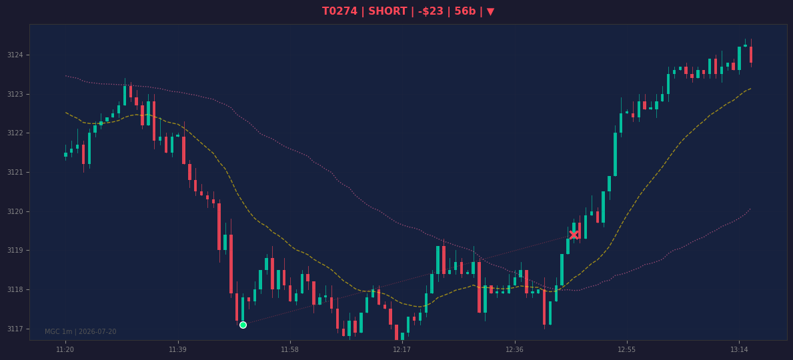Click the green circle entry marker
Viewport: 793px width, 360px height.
click(x=243, y=325)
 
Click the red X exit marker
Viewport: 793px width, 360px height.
click(x=574, y=235)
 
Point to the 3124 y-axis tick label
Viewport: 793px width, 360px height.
click(x=15, y=55)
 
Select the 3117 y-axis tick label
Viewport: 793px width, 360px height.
click(x=15, y=329)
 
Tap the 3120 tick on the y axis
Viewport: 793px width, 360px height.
click(x=15, y=212)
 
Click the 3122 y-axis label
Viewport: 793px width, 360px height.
click(x=15, y=133)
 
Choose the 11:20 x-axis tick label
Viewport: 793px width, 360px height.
click(x=65, y=350)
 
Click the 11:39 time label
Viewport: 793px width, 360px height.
click(x=177, y=350)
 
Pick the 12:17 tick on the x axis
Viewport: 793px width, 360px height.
click(x=402, y=350)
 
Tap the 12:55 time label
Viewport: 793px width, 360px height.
click(x=627, y=350)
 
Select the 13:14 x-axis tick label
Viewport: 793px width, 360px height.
click(x=739, y=350)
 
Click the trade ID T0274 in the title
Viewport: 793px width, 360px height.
click(x=339, y=11)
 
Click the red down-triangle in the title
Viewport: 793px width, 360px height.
click(x=490, y=11)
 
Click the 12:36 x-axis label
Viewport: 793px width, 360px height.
click(x=514, y=350)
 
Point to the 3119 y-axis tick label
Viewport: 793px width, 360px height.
click(x=15, y=251)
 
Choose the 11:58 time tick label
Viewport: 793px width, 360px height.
click(x=290, y=350)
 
